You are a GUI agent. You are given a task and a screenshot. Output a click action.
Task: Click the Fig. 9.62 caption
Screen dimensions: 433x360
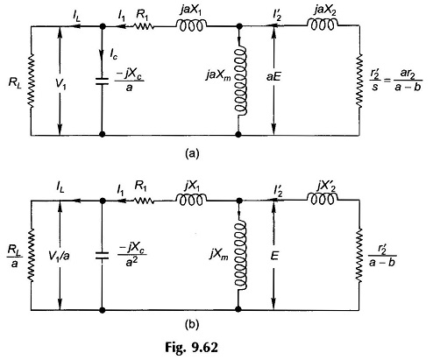point(191,348)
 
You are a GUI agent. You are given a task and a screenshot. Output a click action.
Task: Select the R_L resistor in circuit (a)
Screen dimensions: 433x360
point(31,81)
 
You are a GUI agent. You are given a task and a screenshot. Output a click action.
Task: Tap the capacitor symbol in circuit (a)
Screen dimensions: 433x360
point(102,81)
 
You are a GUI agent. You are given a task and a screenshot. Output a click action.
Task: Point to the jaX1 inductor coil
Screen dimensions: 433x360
point(191,26)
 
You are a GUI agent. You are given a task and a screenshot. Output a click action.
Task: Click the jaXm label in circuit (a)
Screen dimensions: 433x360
point(218,76)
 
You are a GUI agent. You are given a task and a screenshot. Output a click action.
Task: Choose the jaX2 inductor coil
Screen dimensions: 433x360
point(323,25)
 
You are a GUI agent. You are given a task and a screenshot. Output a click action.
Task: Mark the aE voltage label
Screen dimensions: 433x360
point(273,77)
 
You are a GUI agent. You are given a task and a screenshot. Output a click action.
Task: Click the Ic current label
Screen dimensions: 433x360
point(114,54)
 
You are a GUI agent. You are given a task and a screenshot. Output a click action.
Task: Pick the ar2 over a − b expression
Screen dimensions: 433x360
point(408,81)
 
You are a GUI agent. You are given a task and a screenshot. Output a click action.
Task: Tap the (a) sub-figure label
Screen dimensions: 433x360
point(192,153)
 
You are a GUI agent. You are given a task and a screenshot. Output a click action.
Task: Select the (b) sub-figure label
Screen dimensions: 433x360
point(192,324)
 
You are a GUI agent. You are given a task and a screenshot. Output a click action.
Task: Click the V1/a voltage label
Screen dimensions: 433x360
point(60,256)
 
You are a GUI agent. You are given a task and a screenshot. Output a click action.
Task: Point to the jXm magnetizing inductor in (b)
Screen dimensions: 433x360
point(241,255)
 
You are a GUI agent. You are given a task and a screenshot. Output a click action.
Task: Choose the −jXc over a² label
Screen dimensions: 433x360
point(131,256)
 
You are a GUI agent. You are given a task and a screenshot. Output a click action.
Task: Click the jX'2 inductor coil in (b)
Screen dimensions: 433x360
point(323,199)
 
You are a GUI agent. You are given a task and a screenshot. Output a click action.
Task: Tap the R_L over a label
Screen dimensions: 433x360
point(15,256)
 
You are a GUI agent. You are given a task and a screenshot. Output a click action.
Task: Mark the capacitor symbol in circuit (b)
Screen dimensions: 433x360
point(102,256)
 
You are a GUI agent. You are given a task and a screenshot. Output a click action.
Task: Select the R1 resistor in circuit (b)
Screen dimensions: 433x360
point(144,201)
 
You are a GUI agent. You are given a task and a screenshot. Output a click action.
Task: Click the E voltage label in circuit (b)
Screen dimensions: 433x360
point(273,256)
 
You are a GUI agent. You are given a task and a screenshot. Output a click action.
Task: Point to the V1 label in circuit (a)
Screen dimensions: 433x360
point(60,85)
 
